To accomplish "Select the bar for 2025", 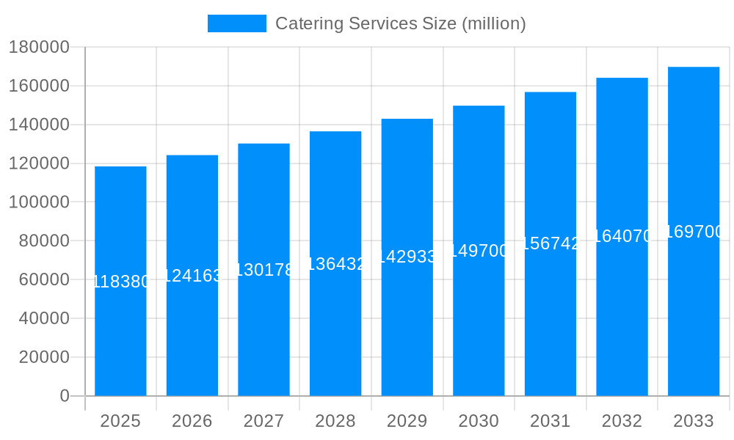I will (120, 337).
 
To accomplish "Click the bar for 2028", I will (335, 330).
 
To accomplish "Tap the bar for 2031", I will (550, 323).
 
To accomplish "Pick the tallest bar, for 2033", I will (694, 315).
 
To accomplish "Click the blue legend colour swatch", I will (236, 23).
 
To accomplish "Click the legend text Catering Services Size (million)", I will (400, 23).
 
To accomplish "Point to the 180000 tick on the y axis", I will (38, 48).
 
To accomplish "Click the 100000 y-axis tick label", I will (38, 202).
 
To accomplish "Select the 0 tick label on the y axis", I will (64, 396).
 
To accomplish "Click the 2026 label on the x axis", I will (192, 421).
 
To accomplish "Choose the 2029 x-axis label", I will (407, 421).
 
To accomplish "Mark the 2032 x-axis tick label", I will (622, 421).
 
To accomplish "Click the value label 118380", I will (120, 282).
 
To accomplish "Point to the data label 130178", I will (264, 270).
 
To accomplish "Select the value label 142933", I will (407, 257).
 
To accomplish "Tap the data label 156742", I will (550, 244).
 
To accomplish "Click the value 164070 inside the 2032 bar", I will (622, 236).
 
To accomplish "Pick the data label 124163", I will (192, 276).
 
